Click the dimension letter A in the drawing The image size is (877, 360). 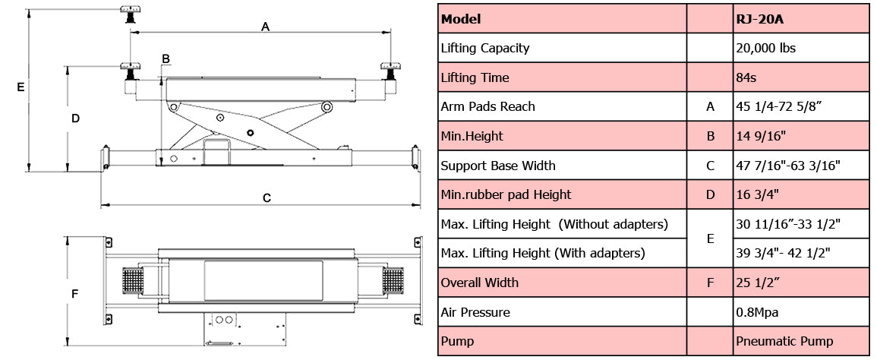[x=265, y=27]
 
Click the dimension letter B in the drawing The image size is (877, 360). [x=166, y=58]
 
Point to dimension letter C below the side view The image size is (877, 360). [x=267, y=198]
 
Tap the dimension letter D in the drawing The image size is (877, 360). [x=75, y=118]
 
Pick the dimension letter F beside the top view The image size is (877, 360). [x=74, y=293]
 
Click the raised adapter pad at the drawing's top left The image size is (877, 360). [x=128, y=13]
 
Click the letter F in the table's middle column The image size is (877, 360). [x=710, y=283]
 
